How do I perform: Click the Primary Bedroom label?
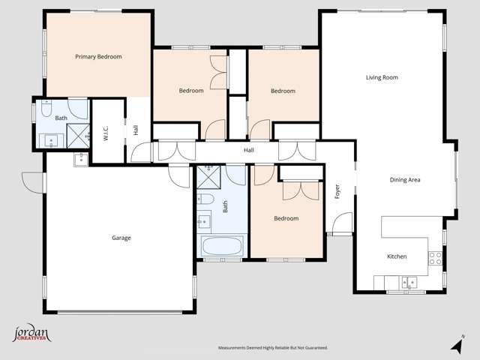(98, 56)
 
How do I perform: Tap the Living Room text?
(381, 77)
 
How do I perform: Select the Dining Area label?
(404, 179)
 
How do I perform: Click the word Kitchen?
(396, 256)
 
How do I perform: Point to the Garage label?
(121, 238)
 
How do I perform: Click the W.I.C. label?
(106, 133)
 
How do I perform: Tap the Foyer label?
(337, 192)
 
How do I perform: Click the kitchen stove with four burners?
(434, 258)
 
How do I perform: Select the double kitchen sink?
(408, 283)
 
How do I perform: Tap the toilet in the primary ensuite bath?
(46, 111)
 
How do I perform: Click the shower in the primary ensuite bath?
(77, 133)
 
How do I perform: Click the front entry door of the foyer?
(342, 223)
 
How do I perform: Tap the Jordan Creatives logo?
(30, 334)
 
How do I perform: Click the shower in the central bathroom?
(209, 175)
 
